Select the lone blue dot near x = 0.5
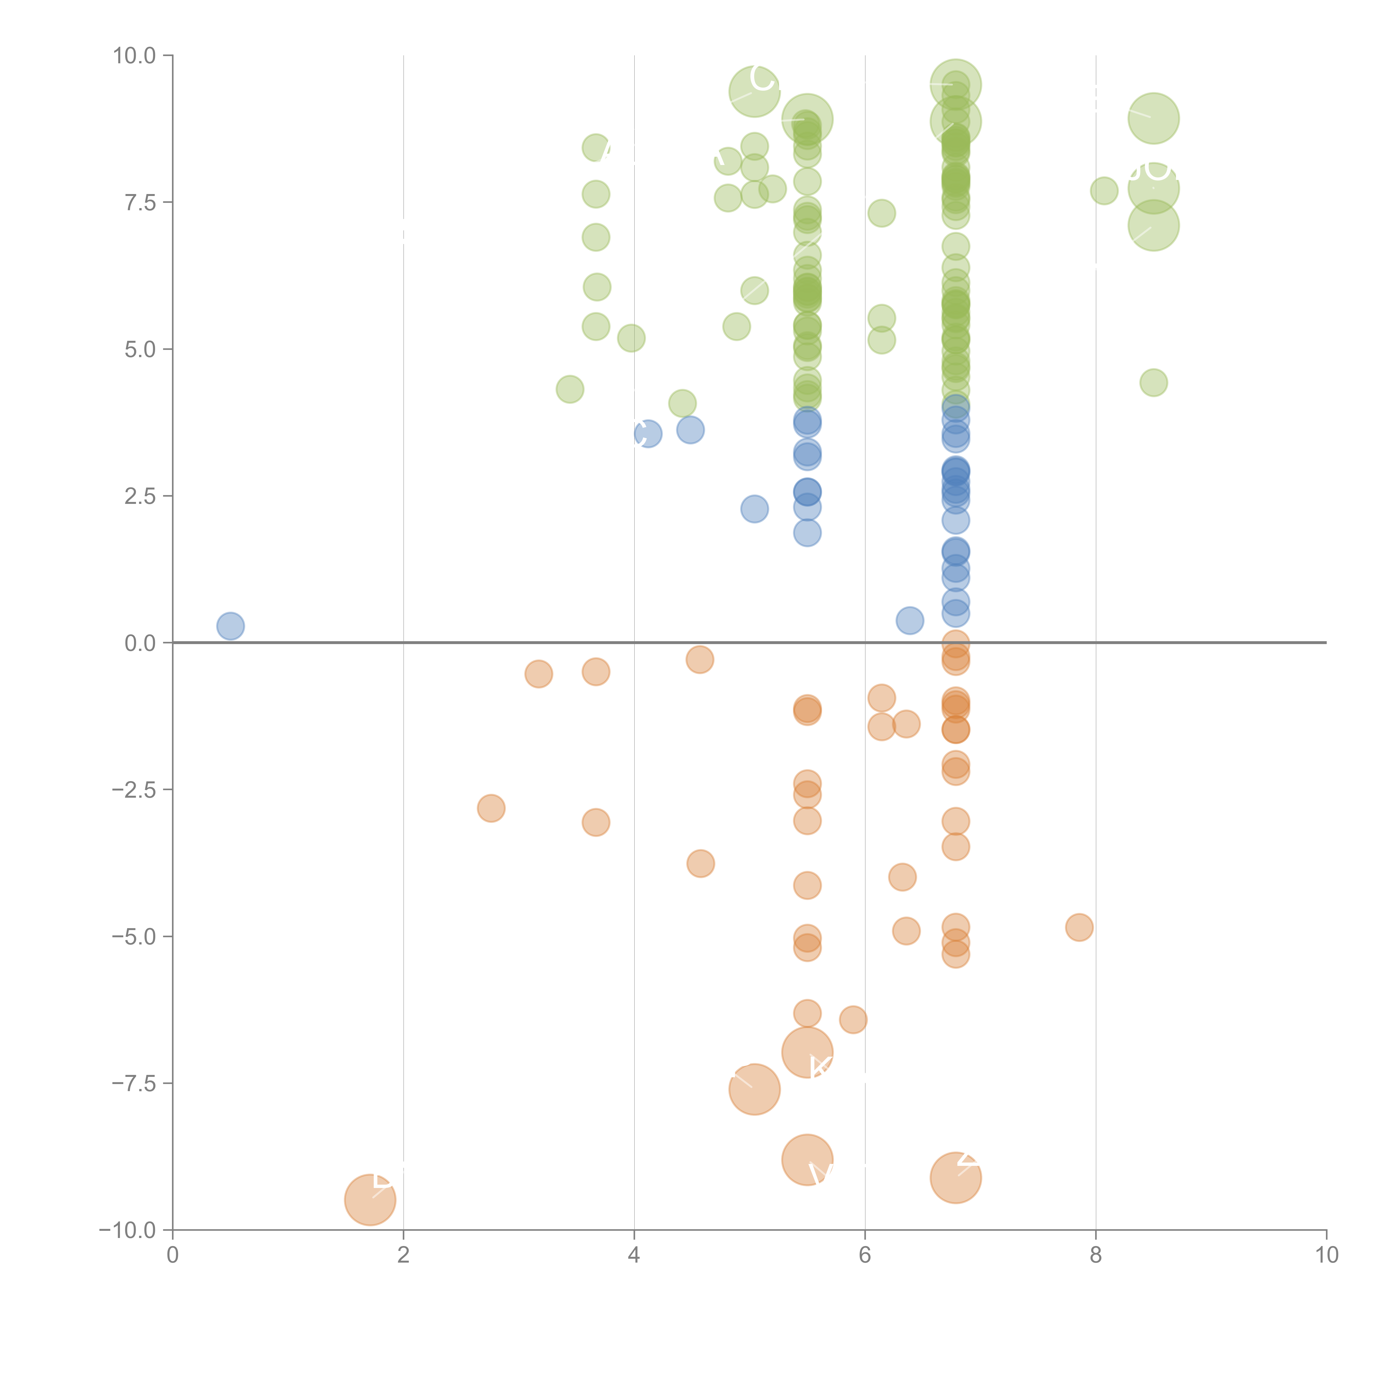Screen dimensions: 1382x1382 pyautogui.click(x=230, y=626)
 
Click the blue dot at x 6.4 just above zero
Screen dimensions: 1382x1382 pyautogui.click(x=909, y=620)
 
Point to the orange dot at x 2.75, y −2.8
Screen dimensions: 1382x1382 pyautogui.click(x=491, y=808)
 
